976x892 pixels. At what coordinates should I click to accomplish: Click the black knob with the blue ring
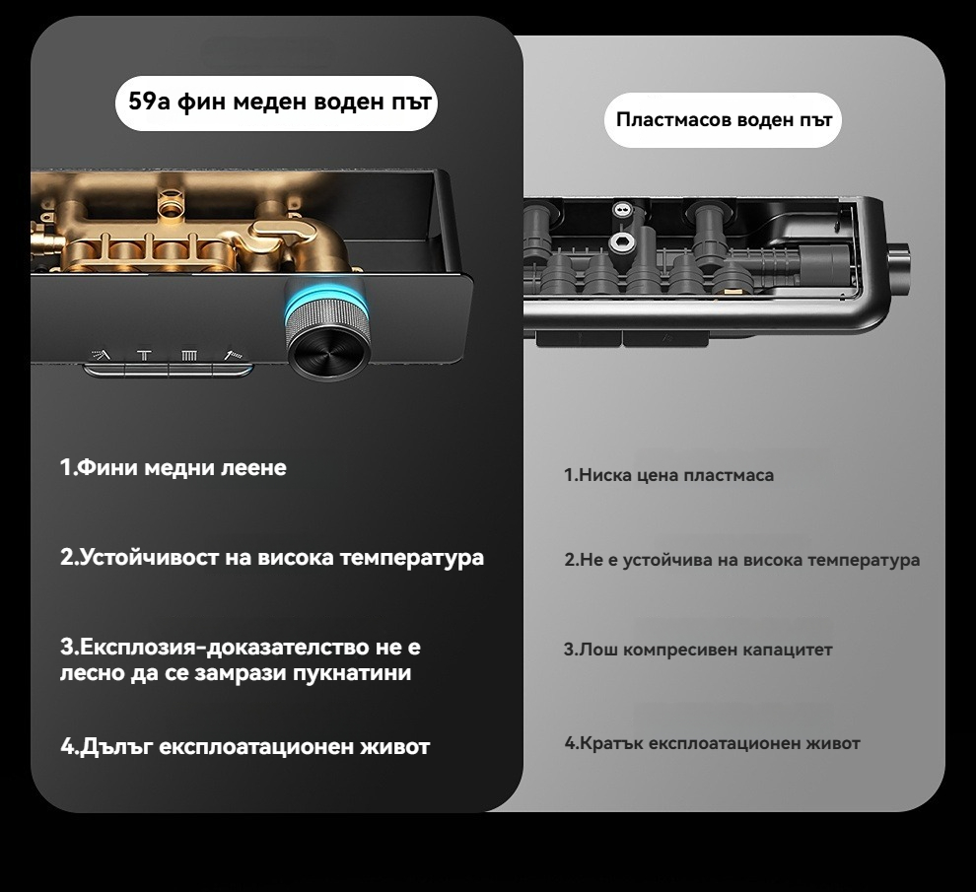pos(326,330)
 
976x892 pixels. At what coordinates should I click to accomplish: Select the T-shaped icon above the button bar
pos(144,356)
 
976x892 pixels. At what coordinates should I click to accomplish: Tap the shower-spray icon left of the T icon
pos(102,355)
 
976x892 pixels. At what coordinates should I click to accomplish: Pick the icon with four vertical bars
pos(189,356)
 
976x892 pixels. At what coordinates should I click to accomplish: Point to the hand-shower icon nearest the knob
pos(234,355)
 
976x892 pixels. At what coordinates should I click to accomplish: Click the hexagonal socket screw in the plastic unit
pos(620,242)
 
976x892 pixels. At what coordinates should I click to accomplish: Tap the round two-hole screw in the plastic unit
pos(621,209)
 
